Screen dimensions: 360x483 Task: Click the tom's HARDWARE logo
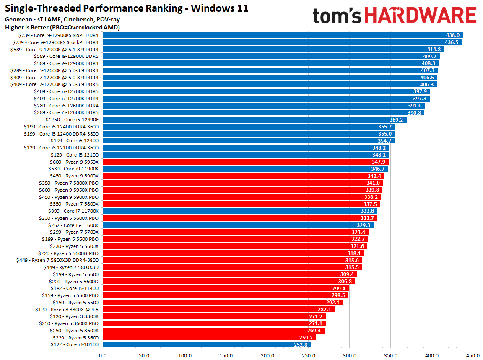point(395,16)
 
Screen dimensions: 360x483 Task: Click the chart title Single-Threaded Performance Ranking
point(126,8)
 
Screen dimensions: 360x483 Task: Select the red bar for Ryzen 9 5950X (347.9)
point(245,162)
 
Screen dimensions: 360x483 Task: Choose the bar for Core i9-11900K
point(245,169)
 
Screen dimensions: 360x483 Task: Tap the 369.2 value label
point(396,120)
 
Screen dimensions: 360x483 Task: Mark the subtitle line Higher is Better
point(62,27)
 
